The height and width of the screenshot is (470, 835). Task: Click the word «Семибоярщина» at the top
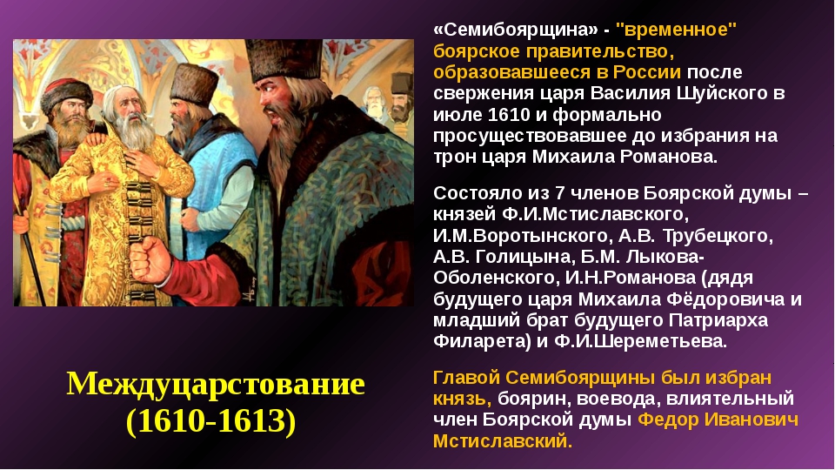coord(516,30)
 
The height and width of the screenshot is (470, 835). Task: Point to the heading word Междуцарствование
coord(216,384)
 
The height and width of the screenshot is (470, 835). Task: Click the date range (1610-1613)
coord(210,421)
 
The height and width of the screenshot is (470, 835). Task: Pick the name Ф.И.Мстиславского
coord(595,214)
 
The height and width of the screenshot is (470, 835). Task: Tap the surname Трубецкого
coord(718,236)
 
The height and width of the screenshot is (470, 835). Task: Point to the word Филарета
coord(479,341)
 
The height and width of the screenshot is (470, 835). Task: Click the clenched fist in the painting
coord(150,259)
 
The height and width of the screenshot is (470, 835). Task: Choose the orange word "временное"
coord(677,30)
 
